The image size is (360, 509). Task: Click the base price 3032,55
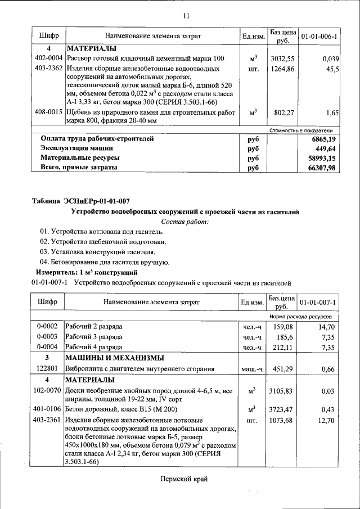pos(282,58)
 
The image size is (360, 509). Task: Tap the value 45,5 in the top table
pos(331,70)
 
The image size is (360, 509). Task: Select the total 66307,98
pos(321,168)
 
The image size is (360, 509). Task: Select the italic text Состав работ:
pos(184,222)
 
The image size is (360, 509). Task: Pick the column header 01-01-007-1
pos(318,302)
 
